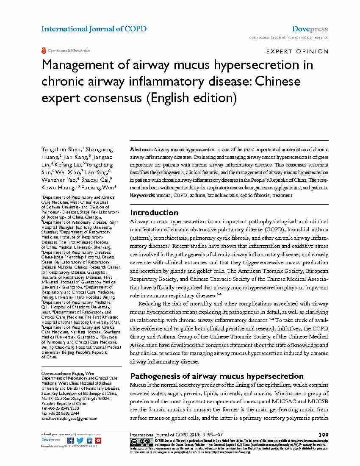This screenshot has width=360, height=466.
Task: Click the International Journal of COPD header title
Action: coord(94,29)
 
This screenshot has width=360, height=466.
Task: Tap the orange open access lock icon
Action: coord(43,50)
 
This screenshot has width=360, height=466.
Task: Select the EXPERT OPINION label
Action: coord(297,52)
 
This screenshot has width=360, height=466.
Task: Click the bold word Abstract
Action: coord(141,150)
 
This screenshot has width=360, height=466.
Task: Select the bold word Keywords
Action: coord(142,195)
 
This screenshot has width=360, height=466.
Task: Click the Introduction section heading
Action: coord(154,213)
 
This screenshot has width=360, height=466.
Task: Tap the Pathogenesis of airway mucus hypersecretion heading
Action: coord(216,376)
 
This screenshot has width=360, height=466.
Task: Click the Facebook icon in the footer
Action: coord(71,441)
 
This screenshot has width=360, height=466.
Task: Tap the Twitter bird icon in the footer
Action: coord(80,441)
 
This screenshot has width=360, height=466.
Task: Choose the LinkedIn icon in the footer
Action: coord(89,441)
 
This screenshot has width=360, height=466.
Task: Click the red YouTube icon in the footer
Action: coord(98,441)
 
